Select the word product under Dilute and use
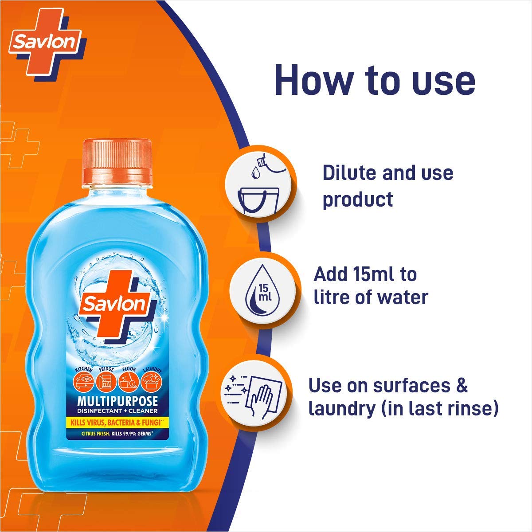coord(357,199)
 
